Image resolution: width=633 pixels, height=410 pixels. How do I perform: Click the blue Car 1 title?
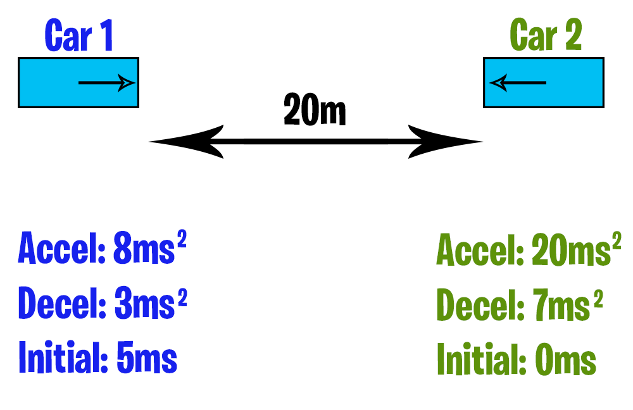(79, 36)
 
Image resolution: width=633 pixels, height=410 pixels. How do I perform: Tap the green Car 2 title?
(545, 36)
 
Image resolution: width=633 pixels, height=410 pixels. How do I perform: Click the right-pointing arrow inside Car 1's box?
(106, 83)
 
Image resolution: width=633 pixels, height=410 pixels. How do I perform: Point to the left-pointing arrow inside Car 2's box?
(518, 83)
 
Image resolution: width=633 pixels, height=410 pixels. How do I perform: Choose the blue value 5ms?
(147, 359)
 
